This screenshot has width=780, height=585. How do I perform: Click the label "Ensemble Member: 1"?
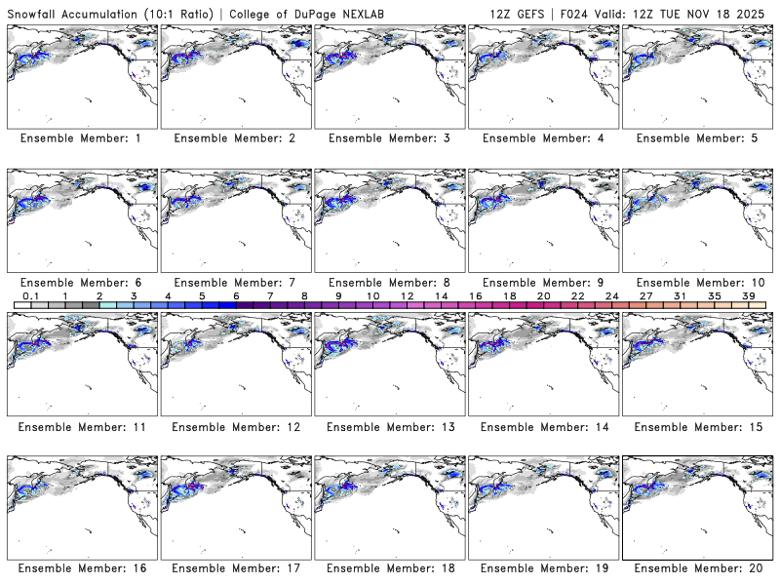(80, 138)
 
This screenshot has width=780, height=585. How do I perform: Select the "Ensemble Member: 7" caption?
(234, 283)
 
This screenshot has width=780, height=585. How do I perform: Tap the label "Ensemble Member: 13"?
(388, 427)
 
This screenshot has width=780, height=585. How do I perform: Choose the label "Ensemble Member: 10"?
(696, 283)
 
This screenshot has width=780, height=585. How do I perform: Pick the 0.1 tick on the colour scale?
(30, 295)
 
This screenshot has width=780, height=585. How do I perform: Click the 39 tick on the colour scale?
(748, 295)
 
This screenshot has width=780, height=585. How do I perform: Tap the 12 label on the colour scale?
(407, 295)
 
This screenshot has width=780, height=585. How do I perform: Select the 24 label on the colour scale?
(611, 295)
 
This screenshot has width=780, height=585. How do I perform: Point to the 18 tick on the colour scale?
(509, 295)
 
